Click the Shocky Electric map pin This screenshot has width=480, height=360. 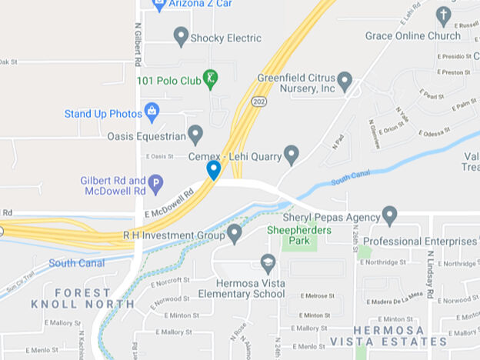coord(181,36)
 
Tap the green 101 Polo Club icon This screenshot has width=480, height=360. coord(210,78)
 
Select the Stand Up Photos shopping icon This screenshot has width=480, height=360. coord(152,112)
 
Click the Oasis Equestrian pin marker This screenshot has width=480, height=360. coord(195,135)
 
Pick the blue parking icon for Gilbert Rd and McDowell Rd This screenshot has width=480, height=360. coord(155,184)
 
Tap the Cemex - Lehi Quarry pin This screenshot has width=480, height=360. coord(292,155)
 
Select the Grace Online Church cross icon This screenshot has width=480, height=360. coord(443,15)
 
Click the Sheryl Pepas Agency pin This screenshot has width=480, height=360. coord(389,215)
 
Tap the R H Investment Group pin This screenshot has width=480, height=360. coord(235,233)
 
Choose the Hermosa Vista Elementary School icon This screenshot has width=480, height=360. coord(268,263)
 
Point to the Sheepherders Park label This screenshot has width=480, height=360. coord(288,235)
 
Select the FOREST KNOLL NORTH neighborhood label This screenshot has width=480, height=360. coord(82,298)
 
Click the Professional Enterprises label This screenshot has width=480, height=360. coord(425,241)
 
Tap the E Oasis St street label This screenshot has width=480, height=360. coord(160,156)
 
